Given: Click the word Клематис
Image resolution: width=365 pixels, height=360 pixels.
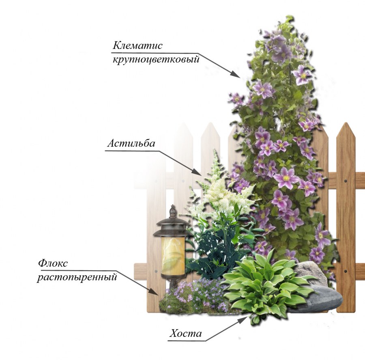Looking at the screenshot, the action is [137, 45].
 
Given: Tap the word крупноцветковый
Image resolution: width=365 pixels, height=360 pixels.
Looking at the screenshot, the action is [156, 59].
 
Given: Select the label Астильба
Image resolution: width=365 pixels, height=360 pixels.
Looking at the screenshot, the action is [131, 143].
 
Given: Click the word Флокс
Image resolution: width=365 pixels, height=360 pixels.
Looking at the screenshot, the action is [53, 263].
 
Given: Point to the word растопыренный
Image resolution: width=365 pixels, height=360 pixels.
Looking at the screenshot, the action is [77, 277].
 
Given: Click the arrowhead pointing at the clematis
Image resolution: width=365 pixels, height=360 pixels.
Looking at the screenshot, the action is [235, 74].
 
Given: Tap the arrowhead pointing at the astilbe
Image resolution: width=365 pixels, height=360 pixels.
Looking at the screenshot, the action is [197, 172].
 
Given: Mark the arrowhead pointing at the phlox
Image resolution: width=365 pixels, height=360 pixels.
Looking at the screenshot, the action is [154, 291].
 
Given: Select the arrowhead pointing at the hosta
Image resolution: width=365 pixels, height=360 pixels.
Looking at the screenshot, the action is [243, 320].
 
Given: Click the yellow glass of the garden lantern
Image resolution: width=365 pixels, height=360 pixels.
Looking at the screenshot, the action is [173, 256].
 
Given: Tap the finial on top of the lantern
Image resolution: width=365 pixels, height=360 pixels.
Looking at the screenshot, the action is [173, 211].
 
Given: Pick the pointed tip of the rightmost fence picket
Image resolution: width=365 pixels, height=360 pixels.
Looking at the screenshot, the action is [346, 123].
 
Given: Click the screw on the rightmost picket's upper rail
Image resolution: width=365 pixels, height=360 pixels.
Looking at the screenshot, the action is [346, 181].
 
